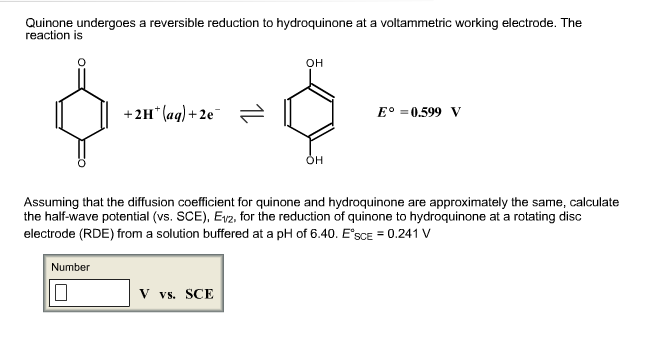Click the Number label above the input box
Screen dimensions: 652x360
[71, 267]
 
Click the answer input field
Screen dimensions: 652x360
[90, 292]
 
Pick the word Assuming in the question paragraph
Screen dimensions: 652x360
[51, 202]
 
